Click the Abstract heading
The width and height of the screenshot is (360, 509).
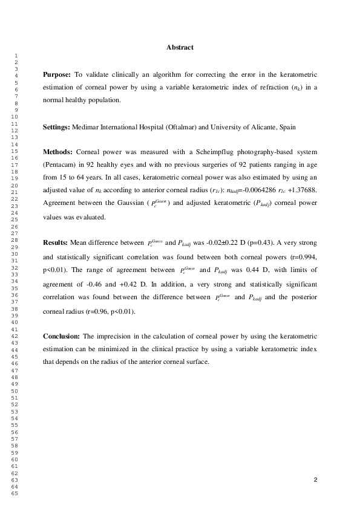coord(180,47)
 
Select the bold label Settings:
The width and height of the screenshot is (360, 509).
coord(56,127)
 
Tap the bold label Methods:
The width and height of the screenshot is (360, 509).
coord(57,150)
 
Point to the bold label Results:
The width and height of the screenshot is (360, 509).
coord(55,242)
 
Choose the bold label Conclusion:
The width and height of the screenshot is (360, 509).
coord(61,336)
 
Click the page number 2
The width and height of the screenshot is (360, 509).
coord(315,480)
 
